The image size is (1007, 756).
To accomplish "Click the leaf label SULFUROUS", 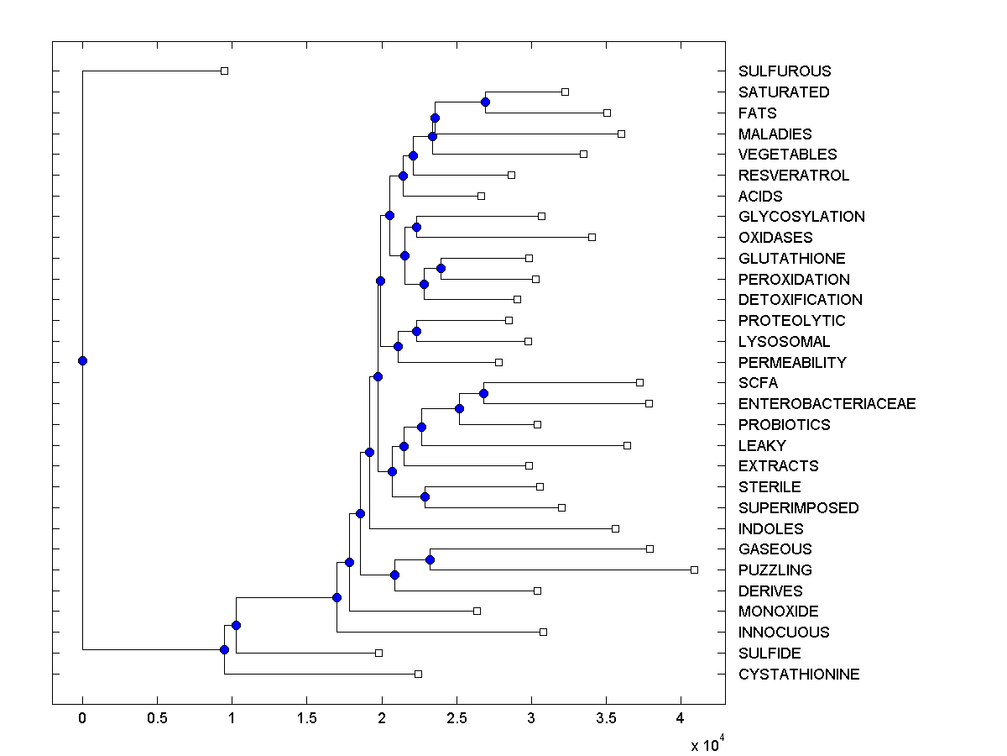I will click(x=785, y=71).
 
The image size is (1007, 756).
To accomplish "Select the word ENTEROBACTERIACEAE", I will click(x=827, y=404).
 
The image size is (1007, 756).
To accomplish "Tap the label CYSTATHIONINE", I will click(x=799, y=675).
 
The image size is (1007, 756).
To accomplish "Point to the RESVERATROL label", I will click(x=794, y=176).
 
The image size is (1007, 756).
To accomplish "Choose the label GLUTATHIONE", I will click(x=791, y=259).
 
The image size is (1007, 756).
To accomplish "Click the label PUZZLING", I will click(x=775, y=570).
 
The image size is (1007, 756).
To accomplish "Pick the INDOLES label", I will click(x=770, y=529).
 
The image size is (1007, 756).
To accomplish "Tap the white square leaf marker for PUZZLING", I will click(x=694, y=570).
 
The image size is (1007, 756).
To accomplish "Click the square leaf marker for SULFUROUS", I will click(x=224, y=71).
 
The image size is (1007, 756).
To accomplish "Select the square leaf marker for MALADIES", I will click(x=621, y=134).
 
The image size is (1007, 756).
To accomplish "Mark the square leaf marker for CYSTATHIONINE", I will click(x=418, y=674).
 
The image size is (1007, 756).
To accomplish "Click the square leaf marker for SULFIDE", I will click(x=378, y=653).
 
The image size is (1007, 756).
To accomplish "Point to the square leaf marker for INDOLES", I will click(x=615, y=528).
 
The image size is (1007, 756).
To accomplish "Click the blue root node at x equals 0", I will click(x=82, y=361).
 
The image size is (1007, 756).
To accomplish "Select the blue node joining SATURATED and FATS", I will click(x=485, y=102).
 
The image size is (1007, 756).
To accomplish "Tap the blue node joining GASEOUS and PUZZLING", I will click(x=430, y=559).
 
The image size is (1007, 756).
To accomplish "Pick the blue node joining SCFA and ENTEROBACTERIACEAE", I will click(x=483, y=393).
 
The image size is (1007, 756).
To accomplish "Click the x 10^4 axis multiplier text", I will click(x=702, y=744).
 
